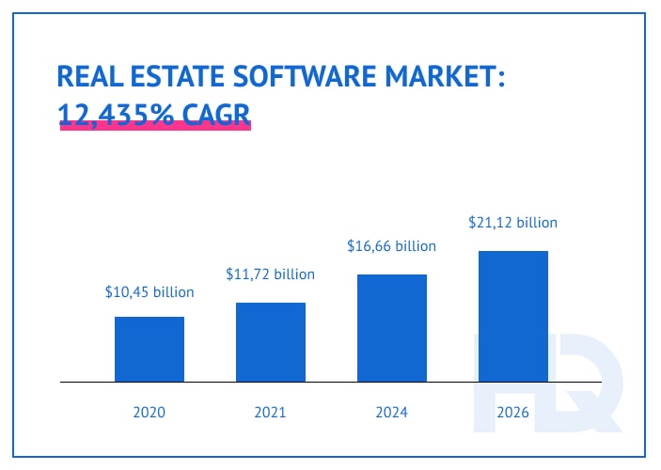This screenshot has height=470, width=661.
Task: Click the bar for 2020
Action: point(150,349)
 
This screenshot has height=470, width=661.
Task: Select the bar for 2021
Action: point(271,342)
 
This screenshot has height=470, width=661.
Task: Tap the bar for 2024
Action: point(392,328)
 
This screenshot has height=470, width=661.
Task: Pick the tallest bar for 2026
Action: point(513,316)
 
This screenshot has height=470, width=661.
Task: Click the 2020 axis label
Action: point(150,412)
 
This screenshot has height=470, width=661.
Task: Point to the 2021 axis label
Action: point(271,412)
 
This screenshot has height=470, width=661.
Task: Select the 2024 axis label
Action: point(392,412)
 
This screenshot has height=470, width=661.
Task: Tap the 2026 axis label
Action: point(513,412)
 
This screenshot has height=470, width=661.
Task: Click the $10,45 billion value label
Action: point(150,292)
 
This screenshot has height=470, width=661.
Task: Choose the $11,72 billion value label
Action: point(271,274)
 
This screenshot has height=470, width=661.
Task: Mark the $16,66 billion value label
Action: point(392,246)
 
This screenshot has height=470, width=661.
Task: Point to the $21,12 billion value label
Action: point(513,223)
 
